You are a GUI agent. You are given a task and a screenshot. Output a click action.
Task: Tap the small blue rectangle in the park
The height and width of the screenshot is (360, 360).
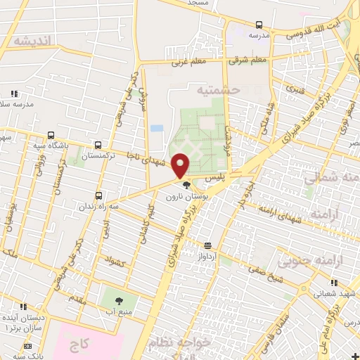pos(157,129)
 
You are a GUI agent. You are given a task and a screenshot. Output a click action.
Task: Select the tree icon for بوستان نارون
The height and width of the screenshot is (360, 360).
pos(186,186)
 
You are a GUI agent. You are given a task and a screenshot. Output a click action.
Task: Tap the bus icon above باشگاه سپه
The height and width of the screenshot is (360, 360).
pos(51,136)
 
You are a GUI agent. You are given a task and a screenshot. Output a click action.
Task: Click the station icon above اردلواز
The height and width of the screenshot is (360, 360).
pos(208,245)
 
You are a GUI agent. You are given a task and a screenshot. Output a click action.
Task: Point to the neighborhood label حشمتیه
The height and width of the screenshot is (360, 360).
pos(218,91)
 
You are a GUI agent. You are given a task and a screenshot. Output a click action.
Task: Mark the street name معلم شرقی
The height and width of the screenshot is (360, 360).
pos(248,60)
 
